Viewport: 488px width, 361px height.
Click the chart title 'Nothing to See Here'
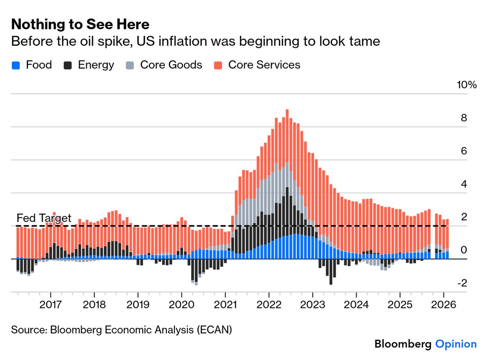pyautogui.click(x=80, y=24)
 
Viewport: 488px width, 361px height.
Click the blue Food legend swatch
pyautogui.click(x=16, y=65)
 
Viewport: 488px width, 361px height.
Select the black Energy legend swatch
pyautogui.click(x=67, y=65)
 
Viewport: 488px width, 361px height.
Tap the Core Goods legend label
pyautogui.click(x=171, y=65)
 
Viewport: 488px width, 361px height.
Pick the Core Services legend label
pyautogui.click(x=264, y=65)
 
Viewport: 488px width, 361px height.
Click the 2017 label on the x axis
pyautogui.click(x=50, y=305)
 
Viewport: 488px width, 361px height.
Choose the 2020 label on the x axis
pyautogui.click(x=181, y=305)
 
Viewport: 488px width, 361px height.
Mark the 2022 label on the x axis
pyautogui.click(x=269, y=305)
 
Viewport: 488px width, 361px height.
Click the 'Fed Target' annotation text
pyautogui.click(x=44, y=218)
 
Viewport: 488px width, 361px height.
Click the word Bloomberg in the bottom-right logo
pyautogui.click(x=403, y=344)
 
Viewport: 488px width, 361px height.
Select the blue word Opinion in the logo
pyautogui.click(x=456, y=344)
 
